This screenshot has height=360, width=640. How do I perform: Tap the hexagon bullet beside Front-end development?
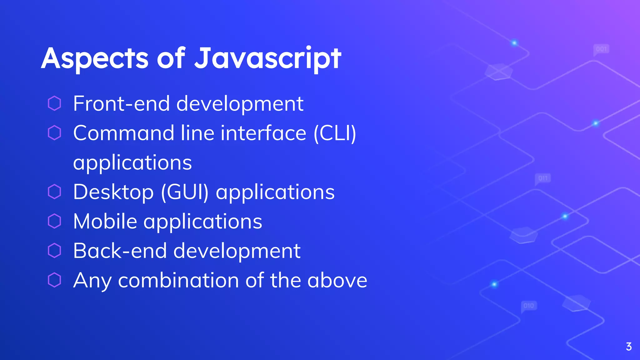(x=54, y=103)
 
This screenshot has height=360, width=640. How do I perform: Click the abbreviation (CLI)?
(x=335, y=133)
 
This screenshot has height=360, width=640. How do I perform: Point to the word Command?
(x=123, y=133)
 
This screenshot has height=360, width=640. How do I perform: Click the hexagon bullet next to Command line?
(x=54, y=133)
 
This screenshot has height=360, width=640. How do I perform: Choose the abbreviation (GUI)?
(x=184, y=192)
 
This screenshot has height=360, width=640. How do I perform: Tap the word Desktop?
(x=113, y=192)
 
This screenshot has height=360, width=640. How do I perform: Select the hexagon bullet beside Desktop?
(x=54, y=192)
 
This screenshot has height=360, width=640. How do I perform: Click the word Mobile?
(x=105, y=221)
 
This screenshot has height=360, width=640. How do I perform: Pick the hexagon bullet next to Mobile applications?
(x=54, y=221)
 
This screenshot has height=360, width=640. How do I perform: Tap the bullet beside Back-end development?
(x=54, y=251)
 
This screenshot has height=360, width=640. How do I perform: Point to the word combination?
(x=178, y=280)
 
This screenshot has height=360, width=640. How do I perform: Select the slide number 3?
(x=629, y=347)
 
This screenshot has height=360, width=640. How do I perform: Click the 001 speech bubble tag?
(x=601, y=49)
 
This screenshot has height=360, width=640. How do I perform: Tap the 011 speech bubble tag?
(x=543, y=178)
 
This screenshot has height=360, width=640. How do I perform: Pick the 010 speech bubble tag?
(x=529, y=306)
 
